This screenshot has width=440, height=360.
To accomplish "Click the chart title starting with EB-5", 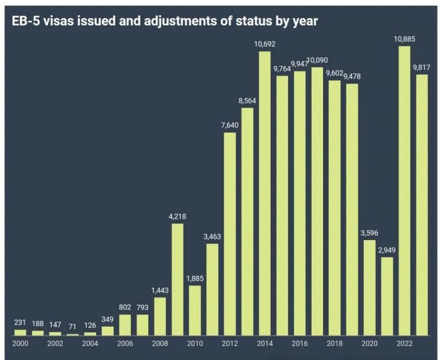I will pyautogui.click(x=165, y=21).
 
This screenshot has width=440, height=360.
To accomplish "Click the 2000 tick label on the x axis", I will pyautogui.click(x=21, y=343).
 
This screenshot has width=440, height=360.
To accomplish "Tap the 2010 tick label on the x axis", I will pyautogui.click(x=195, y=343).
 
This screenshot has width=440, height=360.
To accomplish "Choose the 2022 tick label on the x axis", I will pyautogui.click(x=404, y=343).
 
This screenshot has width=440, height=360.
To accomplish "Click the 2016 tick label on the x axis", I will pyautogui.click(x=300, y=343).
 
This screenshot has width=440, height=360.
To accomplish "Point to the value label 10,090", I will pyautogui.click(x=317, y=60).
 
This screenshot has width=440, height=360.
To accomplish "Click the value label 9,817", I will pyautogui.click(x=422, y=68).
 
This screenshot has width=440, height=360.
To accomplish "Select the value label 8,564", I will pyautogui.click(x=248, y=101).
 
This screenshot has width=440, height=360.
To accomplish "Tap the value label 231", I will pyautogui.click(x=21, y=323).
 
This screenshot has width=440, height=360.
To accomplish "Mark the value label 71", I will pyautogui.click(x=73, y=327).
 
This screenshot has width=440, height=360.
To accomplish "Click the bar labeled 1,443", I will pyautogui.click(x=160, y=316).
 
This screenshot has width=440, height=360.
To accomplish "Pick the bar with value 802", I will pyautogui.click(x=125, y=324).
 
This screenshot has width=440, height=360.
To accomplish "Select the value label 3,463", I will pyautogui.click(x=212, y=237).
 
